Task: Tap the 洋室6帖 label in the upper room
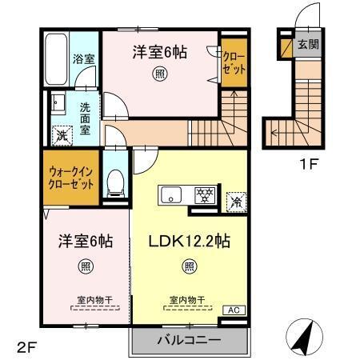tap(160, 52)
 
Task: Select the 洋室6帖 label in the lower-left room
tap(83, 240)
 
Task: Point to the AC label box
tap(234, 309)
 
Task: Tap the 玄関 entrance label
tap(307, 45)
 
